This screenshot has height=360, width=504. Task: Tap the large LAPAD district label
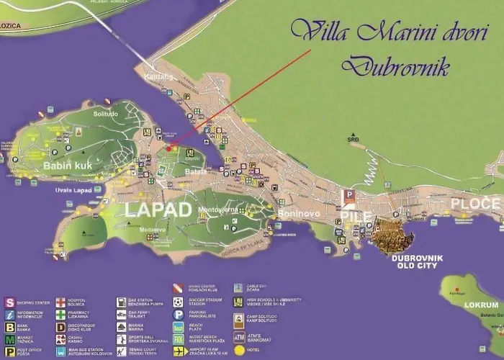(158, 210)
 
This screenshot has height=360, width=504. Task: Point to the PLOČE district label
(474, 203)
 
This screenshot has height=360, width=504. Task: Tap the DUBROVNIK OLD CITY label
(417, 261)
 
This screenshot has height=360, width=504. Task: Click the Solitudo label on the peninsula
(107, 113)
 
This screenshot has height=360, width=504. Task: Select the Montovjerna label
(217, 210)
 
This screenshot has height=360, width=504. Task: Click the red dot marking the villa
(168, 148)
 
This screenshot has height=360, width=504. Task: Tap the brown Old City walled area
(392, 236)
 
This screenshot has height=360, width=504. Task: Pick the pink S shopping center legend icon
(10, 302)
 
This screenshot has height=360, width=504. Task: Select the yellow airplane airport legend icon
(179, 351)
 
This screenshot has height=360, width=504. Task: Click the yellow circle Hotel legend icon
(239, 351)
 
